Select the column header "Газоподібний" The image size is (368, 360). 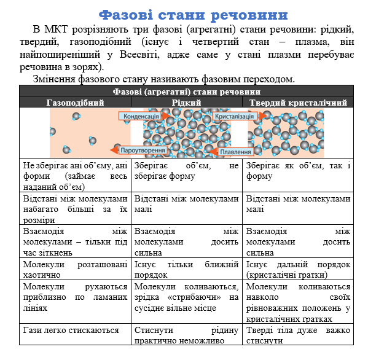click(x=76, y=103)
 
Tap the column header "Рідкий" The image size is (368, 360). click(x=186, y=103)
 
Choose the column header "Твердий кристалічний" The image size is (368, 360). click(x=298, y=103)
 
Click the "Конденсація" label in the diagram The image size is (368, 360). click(x=141, y=116)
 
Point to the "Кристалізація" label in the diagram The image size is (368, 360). click(x=234, y=116)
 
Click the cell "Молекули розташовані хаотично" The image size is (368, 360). click(x=76, y=269)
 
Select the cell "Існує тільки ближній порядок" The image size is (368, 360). click(x=186, y=269)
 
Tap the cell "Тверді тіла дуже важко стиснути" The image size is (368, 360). click(x=298, y=335)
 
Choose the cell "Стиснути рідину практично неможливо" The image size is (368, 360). click(x=186, y=335)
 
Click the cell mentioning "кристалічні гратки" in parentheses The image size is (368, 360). click(x=298, y=269)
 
